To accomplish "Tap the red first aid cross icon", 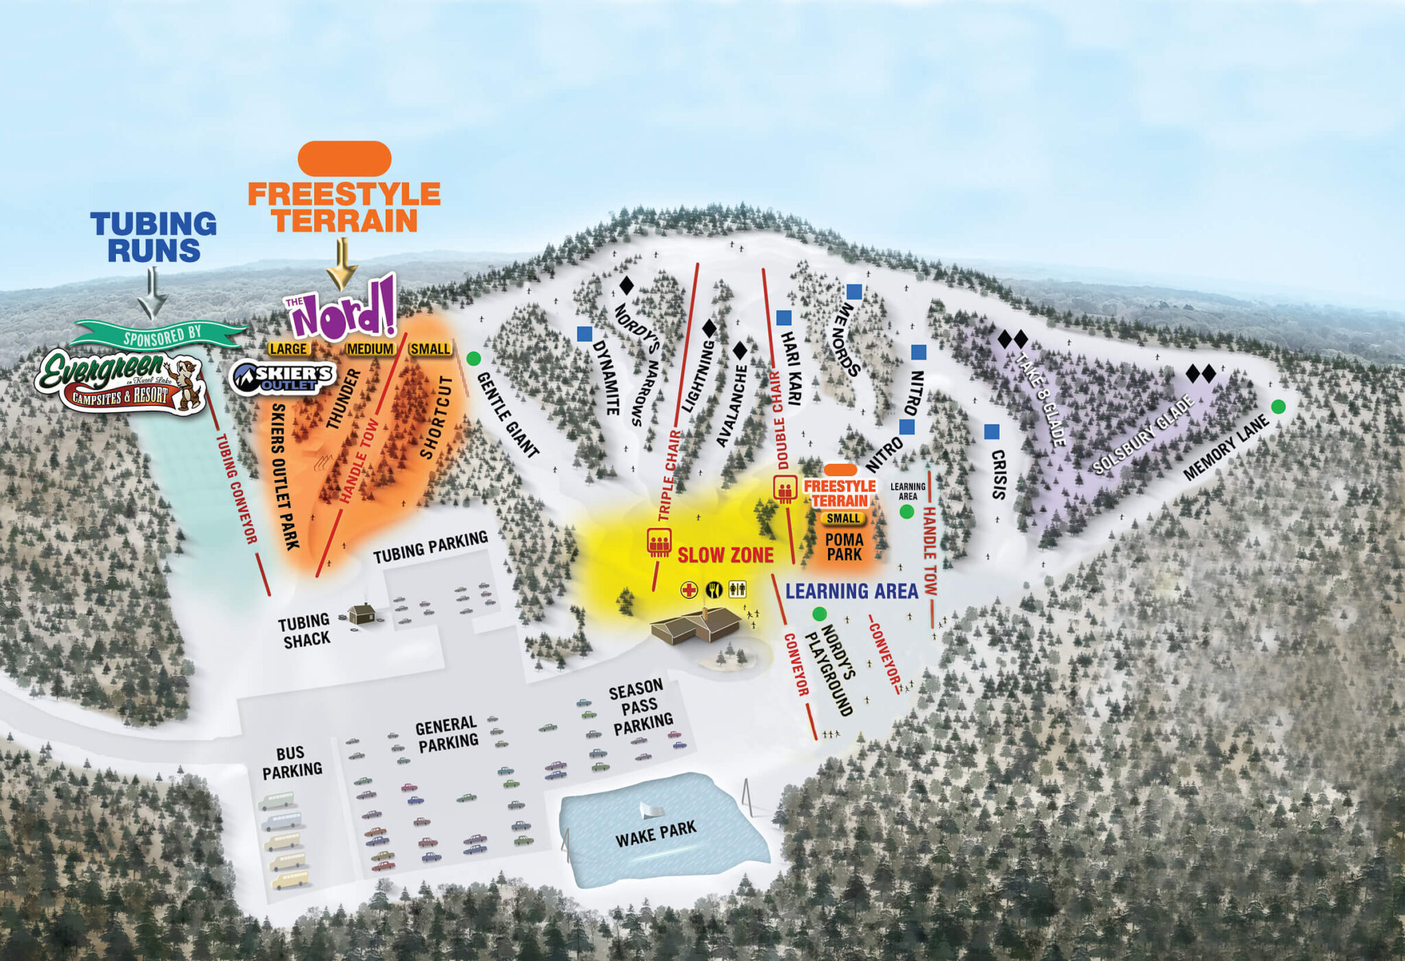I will coord(689,589).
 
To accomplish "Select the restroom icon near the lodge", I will coord(737,589).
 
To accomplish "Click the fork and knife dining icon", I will coord(714,589).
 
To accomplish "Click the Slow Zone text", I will coord(725,555).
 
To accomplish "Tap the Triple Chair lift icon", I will coord(659,542).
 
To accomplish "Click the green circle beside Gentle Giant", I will coord(473,358).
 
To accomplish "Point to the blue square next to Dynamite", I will coord(584,334).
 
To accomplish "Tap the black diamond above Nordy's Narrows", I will coord(626,285).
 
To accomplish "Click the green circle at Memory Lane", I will coord(1277,407).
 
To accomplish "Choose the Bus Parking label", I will coord(292,762).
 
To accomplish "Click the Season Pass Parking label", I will coord(640,706).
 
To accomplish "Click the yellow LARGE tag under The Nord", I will coord(288,349).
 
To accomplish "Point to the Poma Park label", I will coord(844,547).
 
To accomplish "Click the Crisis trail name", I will coord(998,474).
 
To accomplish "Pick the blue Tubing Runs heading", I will coord(154,237).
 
